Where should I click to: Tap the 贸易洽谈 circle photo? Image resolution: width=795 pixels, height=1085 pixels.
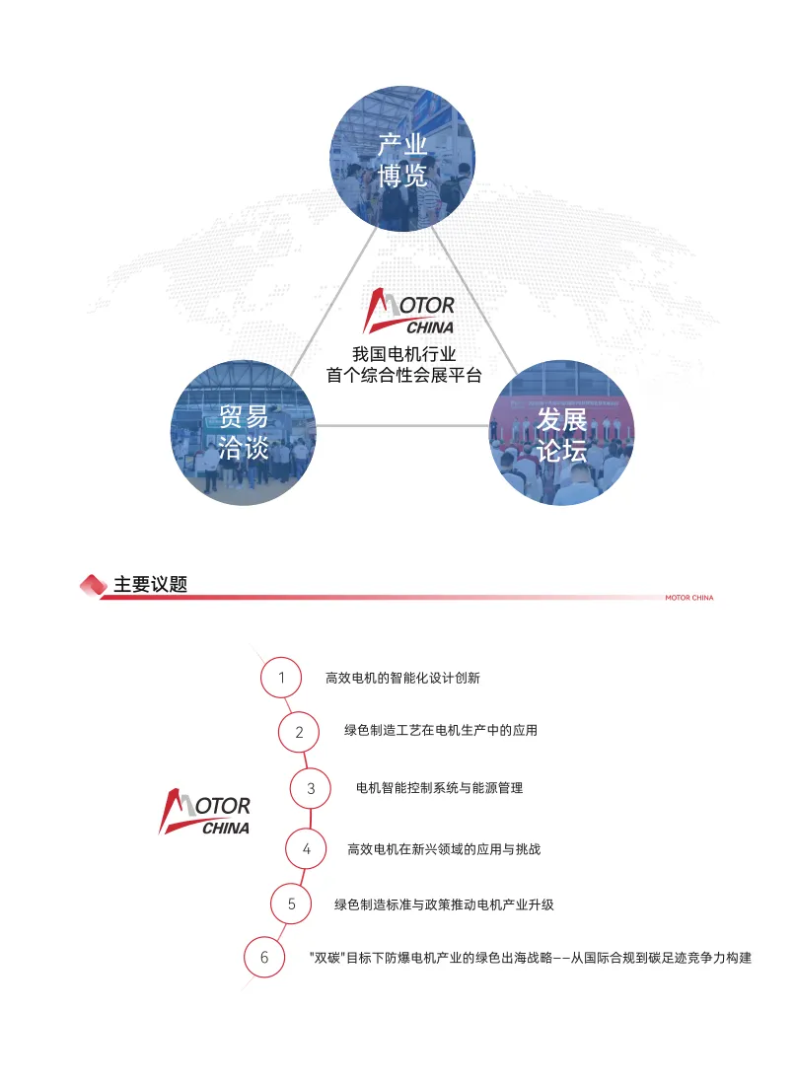pos(244,433)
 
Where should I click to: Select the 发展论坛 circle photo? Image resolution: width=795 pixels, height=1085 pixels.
pos(561,433)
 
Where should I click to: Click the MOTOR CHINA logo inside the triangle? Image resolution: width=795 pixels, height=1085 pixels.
pos(409,312)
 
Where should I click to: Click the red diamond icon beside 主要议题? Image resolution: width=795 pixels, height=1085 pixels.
pos(93,585)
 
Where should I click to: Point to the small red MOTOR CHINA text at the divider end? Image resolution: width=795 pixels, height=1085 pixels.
pos(688,598)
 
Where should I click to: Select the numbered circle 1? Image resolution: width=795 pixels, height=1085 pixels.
pos(281,678)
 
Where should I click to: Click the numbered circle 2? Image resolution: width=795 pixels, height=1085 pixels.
pos(300,732)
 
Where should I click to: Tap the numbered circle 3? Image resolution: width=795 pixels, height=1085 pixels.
pos(311,788)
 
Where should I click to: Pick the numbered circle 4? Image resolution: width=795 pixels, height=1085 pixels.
pos(307,848)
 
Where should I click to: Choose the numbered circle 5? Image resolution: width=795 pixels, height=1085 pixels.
pos(292,904)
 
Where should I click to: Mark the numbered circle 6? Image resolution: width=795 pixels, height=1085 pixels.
pos(264,957)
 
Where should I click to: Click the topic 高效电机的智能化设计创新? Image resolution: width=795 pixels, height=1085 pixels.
pos(402,679)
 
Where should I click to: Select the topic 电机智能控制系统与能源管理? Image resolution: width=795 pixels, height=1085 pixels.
pos(439,788)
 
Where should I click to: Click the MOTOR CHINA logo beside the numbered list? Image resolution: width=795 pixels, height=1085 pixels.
pos(205,812)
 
